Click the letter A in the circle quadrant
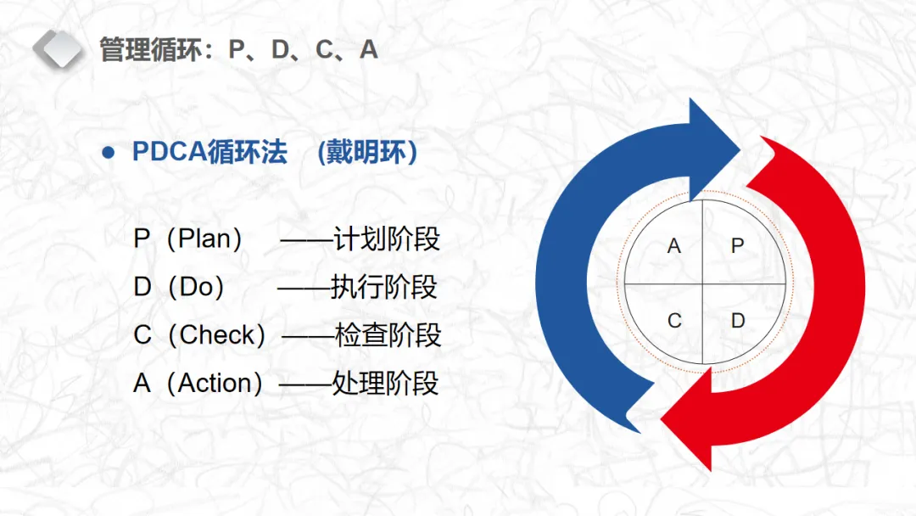(x=674, y=246)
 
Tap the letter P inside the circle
(x=737, y=246)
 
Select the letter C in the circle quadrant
(x=674, y=321)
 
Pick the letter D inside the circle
(x=738, y=321)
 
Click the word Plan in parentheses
(x=204, y=238)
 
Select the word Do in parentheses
(x=196, y=287)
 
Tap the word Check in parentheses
(x=217, y=335)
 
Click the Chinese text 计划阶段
(x=386, y=238)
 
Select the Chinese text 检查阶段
(x=388, y=335)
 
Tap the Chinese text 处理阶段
(x=385, y=384)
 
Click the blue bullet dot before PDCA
(x=108, y=153)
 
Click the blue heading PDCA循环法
(x=209, y=153)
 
